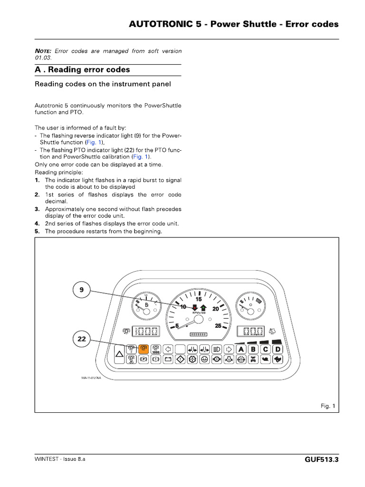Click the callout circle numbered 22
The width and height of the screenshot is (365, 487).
pyautogui.click(x=81, y=339)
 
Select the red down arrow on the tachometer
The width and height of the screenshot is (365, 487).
pyautogui.click(x=195, y=307)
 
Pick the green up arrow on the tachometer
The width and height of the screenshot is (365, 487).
pyautogui.click(x=203, y=307)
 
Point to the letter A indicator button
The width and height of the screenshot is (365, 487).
pyautogui.click(x=241, y=350)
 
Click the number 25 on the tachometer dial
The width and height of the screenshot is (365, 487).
pyautogui.click(x=218, y=326)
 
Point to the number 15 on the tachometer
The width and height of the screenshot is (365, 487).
pyautogui.click(x=199, y=299)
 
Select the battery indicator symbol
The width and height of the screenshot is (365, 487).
pyautogui.click(x=167, y=360)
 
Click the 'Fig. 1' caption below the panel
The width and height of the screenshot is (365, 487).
pyautogui.click(x=327, y=406)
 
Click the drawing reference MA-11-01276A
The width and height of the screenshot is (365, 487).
pyautogui.click(x=92, y=378)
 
